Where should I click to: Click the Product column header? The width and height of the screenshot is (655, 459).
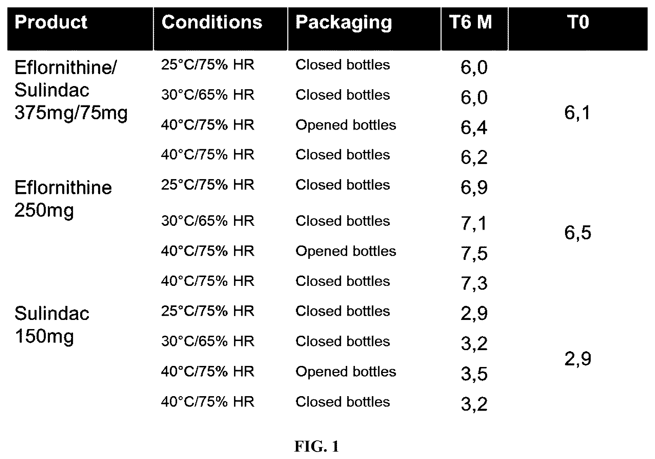[x=51, y=22]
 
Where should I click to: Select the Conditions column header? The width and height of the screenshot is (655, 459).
[x=212, y=22]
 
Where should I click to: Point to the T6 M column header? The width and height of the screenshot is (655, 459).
[x=471, y=22]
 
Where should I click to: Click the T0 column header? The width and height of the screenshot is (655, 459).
[x=578, y=22]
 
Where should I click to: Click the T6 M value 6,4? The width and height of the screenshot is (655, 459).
[x=474, y=127]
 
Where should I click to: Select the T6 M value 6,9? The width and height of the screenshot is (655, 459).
[x=474, y=187]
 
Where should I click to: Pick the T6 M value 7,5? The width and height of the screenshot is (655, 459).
[x=474, y=254]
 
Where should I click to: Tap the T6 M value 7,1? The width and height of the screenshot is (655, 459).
[x=474, y=223]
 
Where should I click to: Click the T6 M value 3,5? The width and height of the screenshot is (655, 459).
[x=474, y=374]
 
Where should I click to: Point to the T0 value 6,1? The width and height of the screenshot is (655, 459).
[x=577, y=113]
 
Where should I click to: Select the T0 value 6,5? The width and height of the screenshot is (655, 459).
[x=578, y=233]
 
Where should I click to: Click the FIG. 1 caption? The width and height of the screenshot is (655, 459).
[x=316, y=447]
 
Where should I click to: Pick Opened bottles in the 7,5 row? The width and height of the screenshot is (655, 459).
[x=346, y=251]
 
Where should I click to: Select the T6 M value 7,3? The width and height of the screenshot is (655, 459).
[x=474, y=283]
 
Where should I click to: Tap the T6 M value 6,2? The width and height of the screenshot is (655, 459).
[x=474, y=157]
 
